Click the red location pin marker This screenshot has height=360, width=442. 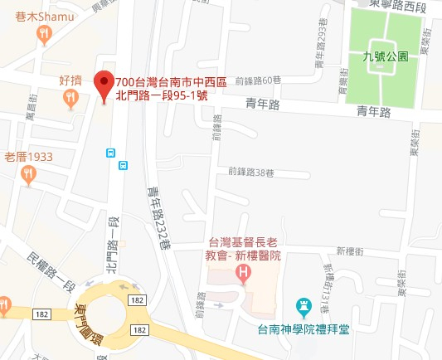pyautogui.click(x=104, y=85)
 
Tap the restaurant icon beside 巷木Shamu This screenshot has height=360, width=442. pyautogui.click(x=44, y=34)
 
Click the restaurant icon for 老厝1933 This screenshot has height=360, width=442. pyautogui.click(x=30, y=173)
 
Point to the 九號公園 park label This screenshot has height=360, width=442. pyautogui.click(x=386, y=57)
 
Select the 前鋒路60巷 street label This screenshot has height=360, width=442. pyautogui.click(x=258, y=80)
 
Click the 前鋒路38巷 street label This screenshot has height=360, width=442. pyautogui.click(x=251, y=173)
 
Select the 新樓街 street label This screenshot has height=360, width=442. pyautogui.click(x=351, y=251)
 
